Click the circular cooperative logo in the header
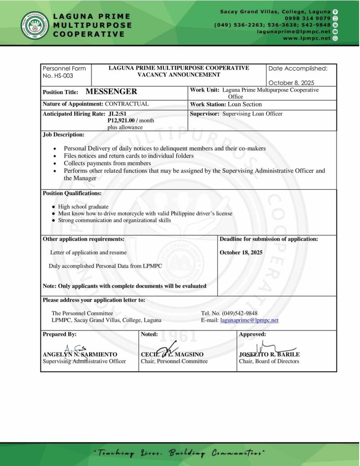(34, 24)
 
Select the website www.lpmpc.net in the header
(307, 39)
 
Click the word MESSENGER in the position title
(111, 91)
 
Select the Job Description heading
(63, 135)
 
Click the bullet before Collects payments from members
(55, 163)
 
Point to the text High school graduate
(83, 207)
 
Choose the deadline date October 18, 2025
(241, 253)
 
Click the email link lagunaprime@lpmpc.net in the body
(249, 320)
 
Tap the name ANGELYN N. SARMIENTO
(80, 354)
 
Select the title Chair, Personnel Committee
(174, 361)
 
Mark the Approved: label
(252, 334)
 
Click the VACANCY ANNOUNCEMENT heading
(178, 75)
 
